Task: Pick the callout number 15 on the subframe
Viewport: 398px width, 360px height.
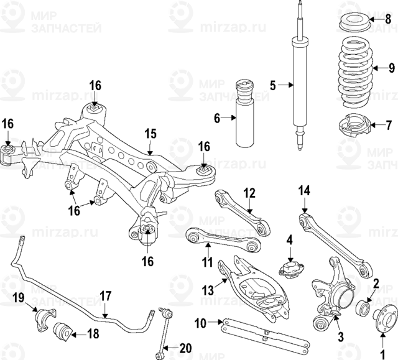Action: [x=149, y=134]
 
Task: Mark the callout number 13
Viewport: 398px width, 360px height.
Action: [x=209, y=289]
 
